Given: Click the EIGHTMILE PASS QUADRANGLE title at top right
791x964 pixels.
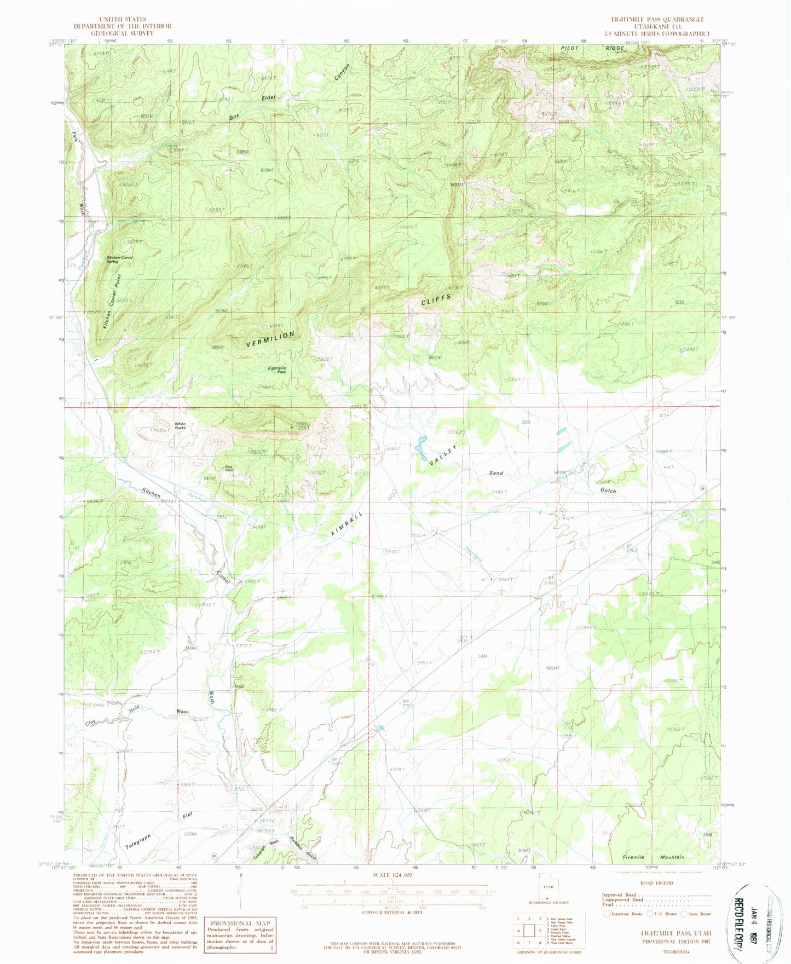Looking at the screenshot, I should (x=657, y=19).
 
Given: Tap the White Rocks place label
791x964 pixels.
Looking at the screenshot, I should (x=180, y=425).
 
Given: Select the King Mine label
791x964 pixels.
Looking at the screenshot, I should (x=229, y=468).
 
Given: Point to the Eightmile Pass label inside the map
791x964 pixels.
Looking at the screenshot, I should (x=277, y=370).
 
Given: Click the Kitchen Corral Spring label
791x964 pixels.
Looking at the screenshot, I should (x=119, y=259).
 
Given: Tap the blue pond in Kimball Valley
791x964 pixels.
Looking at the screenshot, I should (x=421, y=447).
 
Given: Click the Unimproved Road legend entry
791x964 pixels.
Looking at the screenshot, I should (x=622, y=900).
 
